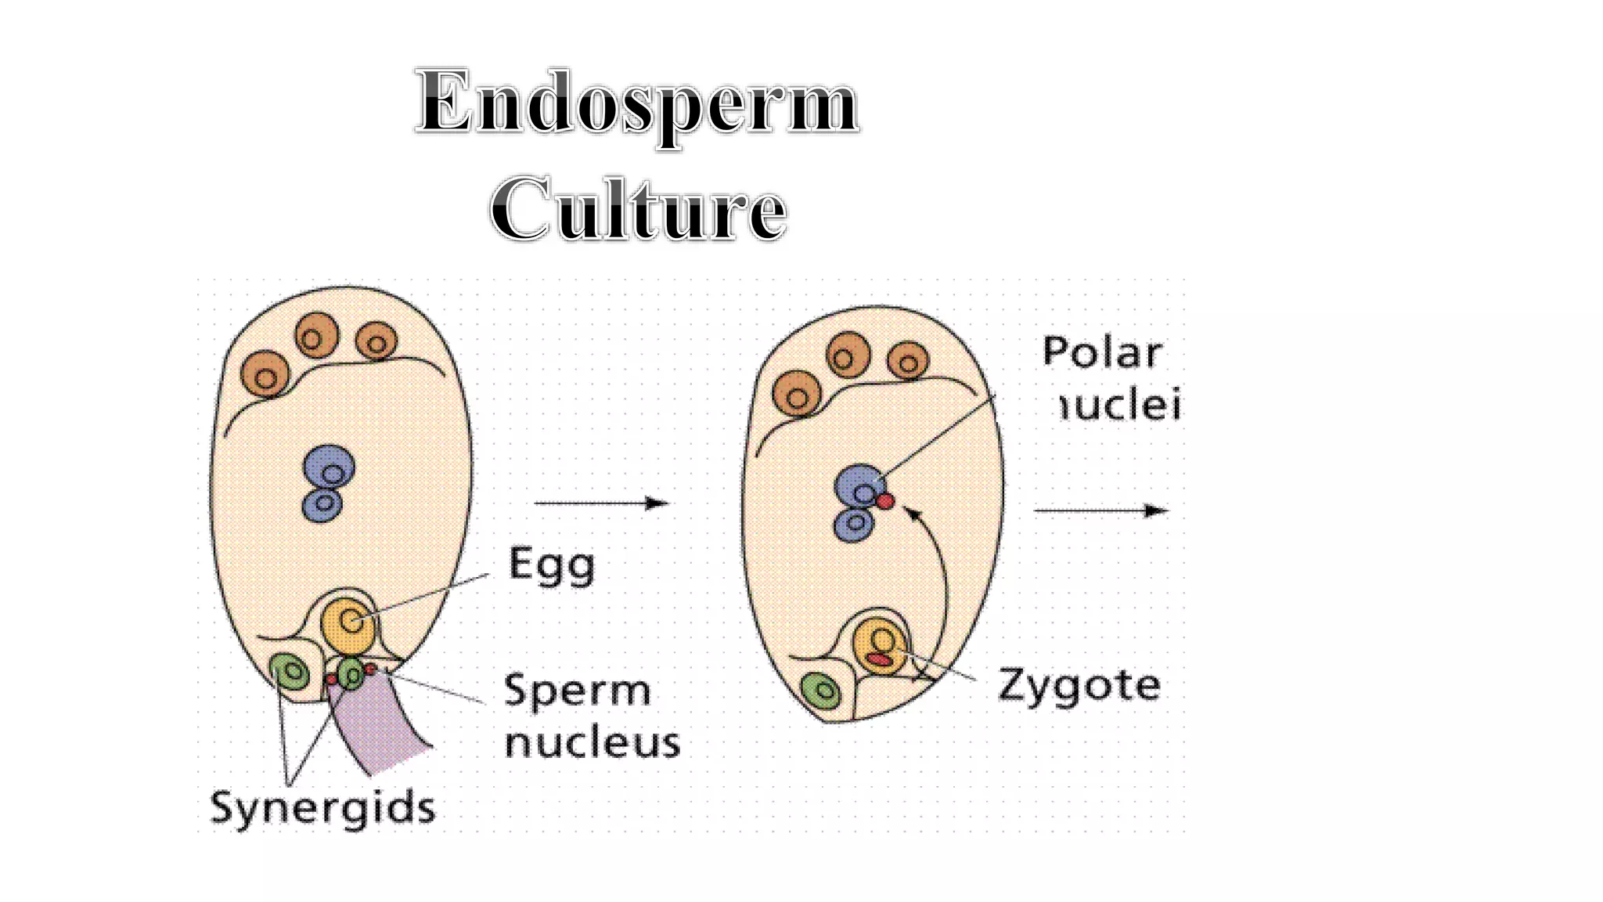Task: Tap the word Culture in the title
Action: pyautogui.click(x=638, y=209)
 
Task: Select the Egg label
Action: pyautogui.click(x=552, y=565)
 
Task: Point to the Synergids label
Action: pyautogui.click(x=322, y=807)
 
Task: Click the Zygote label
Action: pyautogui.click(x=1079, y=686)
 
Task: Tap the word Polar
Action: pyautogui.click(x=1102, y=353)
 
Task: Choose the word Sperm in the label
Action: pyautogui.click(x=578, y=691)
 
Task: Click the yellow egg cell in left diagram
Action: pyautogui.click(x=348, y=624)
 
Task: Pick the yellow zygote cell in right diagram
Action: pyautogui.click(x=880, y=646)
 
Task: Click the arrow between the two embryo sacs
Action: pyautogui.click(x=601, y=503)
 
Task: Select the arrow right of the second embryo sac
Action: pyautogui.click(x=1101, y=511)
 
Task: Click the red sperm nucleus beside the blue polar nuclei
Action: pyautogui.click(x=885, y=501)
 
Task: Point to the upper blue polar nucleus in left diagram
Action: pyautogui.click(x=330, y=469)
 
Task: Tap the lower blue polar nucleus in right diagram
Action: pyautogui.click(x=854, y=524)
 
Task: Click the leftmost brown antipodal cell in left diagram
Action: pyautogui.click(x=265, y=375)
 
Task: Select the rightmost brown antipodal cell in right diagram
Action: pyautogui.click(x=909, y=362)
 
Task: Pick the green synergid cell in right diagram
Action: pyautogui.click(x=821, y=691)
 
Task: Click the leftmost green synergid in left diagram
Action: pyautogui.click(x=290, y=672)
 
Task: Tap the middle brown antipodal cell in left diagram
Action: pyautogui.click(x=316, y=336)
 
